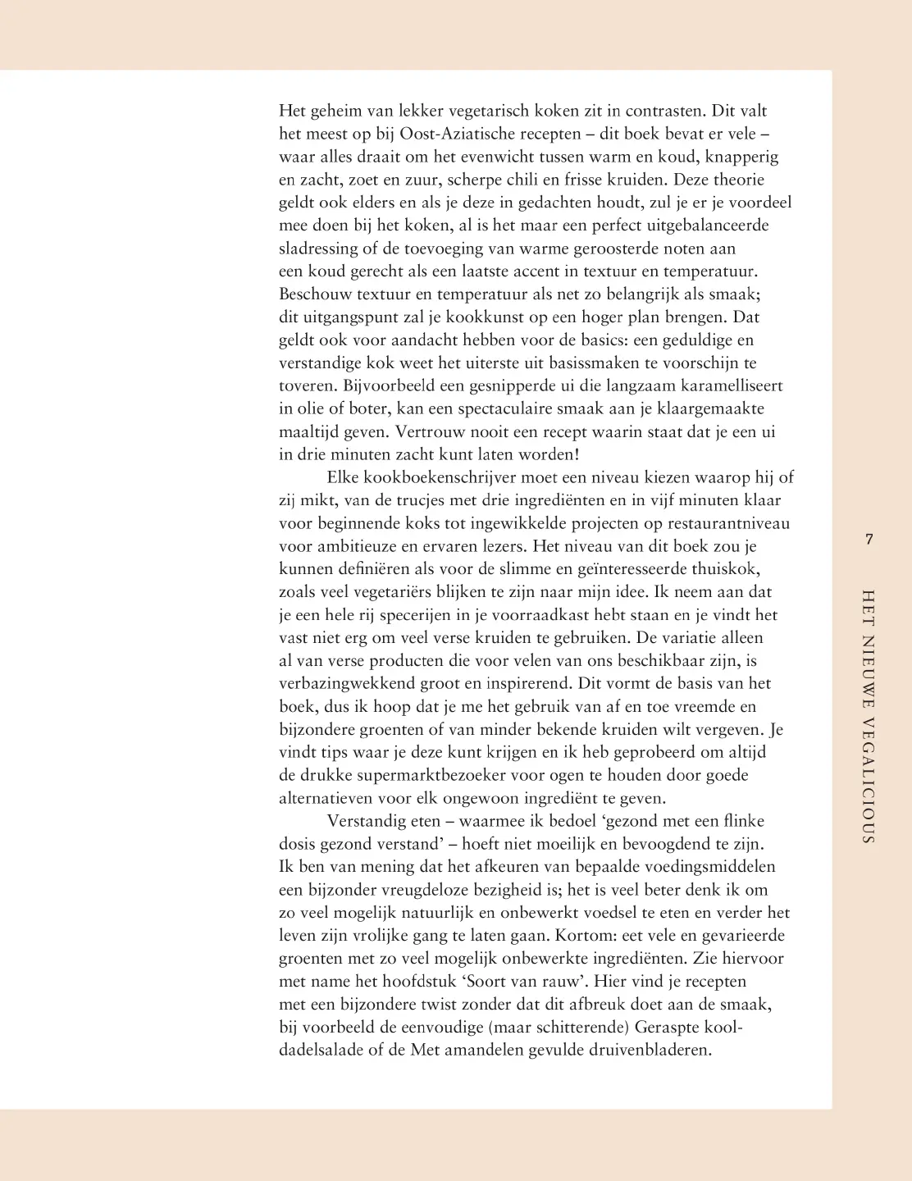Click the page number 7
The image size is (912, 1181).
(869, 539)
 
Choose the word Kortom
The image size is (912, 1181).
(582, 936)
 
